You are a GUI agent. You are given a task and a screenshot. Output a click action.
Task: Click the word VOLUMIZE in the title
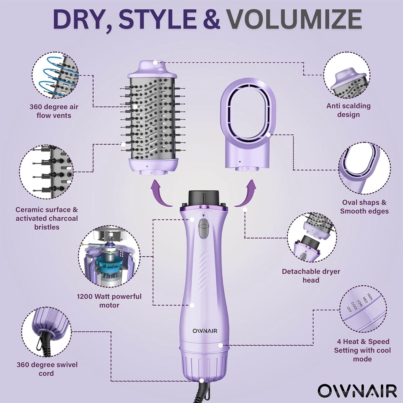coord(294,19)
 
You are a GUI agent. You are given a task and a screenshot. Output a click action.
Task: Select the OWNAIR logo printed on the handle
coord(205,331)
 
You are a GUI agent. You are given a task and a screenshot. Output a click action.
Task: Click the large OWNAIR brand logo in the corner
coord(357,390)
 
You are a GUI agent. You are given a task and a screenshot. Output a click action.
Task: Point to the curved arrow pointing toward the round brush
coord(160,193)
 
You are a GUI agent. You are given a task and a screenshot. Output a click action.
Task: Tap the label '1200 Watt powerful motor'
coord(109,301)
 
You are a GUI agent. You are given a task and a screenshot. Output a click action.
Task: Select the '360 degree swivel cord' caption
coord(47,369)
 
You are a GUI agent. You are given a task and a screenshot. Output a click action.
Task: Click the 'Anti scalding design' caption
coord(348,110)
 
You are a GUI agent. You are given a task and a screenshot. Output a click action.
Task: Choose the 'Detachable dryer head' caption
coord(311,276)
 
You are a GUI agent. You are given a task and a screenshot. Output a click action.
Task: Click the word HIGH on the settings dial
coord(370,297)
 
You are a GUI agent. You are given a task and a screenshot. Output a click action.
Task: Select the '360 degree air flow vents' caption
coord(54,111)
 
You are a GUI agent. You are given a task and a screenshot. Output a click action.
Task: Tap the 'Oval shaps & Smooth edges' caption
coord(364,207)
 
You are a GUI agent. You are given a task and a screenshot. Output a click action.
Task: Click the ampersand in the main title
coord(213,19)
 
